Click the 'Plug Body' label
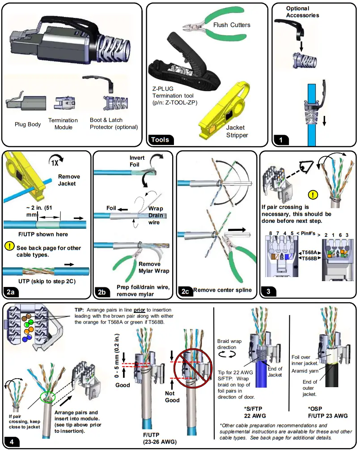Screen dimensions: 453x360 click(x=28, y=124)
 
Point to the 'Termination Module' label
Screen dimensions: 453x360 click(x=63, y=124)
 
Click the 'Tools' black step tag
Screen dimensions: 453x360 click(x=160, y=140)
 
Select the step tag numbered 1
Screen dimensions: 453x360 click(x=281, y=140)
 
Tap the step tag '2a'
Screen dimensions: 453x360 click(x=11, y=292)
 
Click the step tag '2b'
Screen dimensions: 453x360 click(x=102, y=292)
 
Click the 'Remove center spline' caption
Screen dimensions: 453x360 click(x=222, y=290)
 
